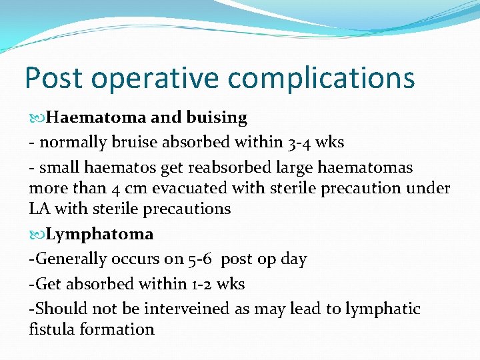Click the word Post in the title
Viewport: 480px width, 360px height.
tap(54, 78)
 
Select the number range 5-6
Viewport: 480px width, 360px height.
tap(198, 259)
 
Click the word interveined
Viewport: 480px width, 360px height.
tap(177, 309)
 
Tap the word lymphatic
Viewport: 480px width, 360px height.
tap(383, 309)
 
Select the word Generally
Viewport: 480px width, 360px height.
tap(69, 259)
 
